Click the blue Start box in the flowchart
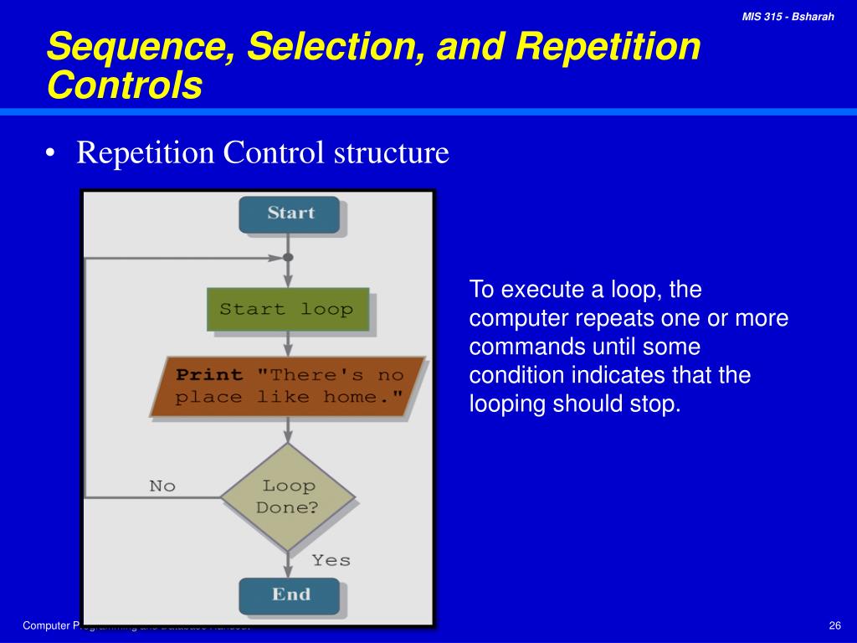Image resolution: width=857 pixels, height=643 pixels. coord(290,214)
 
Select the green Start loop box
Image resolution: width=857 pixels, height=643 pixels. coord(287,309)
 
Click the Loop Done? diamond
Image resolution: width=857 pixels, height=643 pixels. coord(287,496)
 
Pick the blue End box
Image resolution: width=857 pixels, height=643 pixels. coord(290,595)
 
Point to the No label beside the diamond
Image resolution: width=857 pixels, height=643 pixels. coord(162,486)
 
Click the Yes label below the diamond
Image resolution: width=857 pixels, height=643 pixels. coord(331,560)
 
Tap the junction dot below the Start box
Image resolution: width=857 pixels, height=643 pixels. coord(288,257)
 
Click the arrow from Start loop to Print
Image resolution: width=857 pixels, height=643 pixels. coord(288,342)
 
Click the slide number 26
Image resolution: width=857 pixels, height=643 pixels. coord(834,626)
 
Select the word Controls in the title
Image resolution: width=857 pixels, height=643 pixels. coord(125,85)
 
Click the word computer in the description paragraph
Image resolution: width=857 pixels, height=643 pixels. coord(520,319)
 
